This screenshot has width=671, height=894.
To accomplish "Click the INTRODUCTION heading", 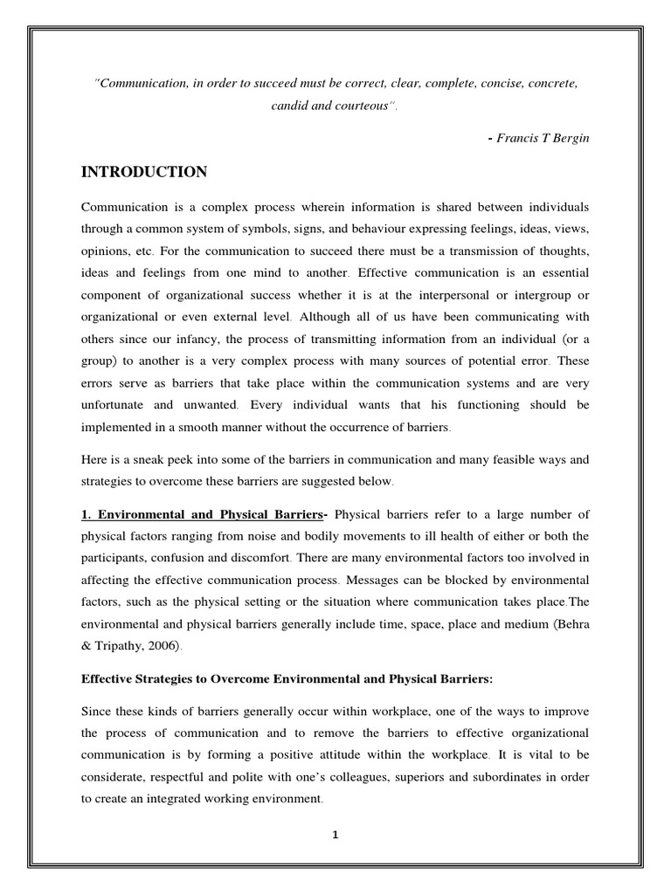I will tap(144, 172).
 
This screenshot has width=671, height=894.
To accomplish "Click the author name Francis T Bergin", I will tap(543, 139).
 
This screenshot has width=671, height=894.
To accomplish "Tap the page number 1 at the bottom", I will tap(335, 834).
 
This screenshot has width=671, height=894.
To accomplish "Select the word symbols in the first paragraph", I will tap(280, 229).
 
